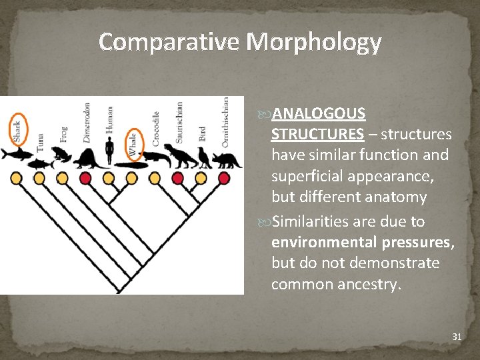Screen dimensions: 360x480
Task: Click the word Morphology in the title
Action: pyautogui.click(x=314, y=42)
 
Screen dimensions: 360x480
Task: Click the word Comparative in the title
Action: pyautogui.click(x=169, y=42)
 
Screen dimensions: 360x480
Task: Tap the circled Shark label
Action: pyautogui.click(x=17, y=129)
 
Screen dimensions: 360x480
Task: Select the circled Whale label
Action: pyautogui.click(x=133, y=143)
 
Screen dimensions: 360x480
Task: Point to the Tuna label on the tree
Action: pyautogui.click(x=40, y=141)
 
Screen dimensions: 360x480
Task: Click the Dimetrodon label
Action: pyautogui.click(x=87, y=123)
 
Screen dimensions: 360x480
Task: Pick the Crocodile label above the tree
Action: pyautogui.click(x=156, y=129)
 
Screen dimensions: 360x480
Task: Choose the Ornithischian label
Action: pyautogui.click(x=225, y=121)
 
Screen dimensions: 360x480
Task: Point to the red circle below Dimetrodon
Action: pyautogui.click(x=85, y=178)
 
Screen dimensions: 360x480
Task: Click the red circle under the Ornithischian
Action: pyautogui.click(x=224, y=178)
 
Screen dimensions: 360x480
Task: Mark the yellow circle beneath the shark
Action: pyautogui.click(x=16, y=178)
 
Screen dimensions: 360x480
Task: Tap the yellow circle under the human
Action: pyautogui.click(x=109, y=178)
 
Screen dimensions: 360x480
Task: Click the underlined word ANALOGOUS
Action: pyautogui.click(x=319, y=113)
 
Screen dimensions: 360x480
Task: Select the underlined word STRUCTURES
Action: pyautogui.click(x=317, y=135)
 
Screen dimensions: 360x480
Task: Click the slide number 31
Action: pyautogui.click(x=457, y=337)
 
